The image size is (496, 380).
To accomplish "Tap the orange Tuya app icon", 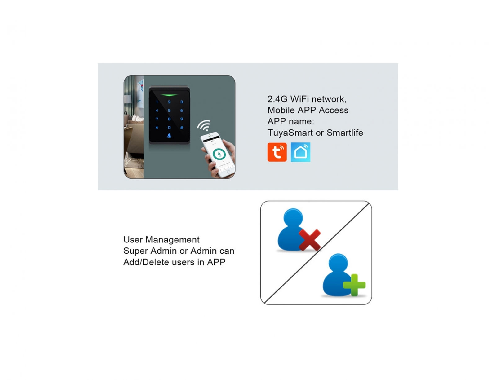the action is [x=277, y=152].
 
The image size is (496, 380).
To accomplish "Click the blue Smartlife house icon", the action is [x=300, y=152].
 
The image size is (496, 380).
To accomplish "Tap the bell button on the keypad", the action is [x=169, y=136].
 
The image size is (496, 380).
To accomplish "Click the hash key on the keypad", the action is [x=182, y=127].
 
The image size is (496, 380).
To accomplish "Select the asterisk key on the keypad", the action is [x=157, y=127].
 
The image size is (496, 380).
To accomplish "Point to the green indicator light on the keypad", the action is [x=169, y=95].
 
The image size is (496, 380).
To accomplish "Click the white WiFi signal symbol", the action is [x=204, y=126].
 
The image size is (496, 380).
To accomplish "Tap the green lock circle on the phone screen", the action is [x=219, y=154].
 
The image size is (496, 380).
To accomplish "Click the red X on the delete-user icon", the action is [x=309, y=240].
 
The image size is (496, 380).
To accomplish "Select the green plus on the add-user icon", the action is [x=354, y=285].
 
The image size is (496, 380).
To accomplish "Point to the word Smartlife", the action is [x=345, y=133].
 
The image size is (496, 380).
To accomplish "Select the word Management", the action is [x=172, y=240].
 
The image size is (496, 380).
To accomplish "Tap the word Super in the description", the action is [x=135, y=251].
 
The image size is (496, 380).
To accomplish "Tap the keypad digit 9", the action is [x=182, y=119].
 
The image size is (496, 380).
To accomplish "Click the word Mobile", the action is [x=281, y=110].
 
